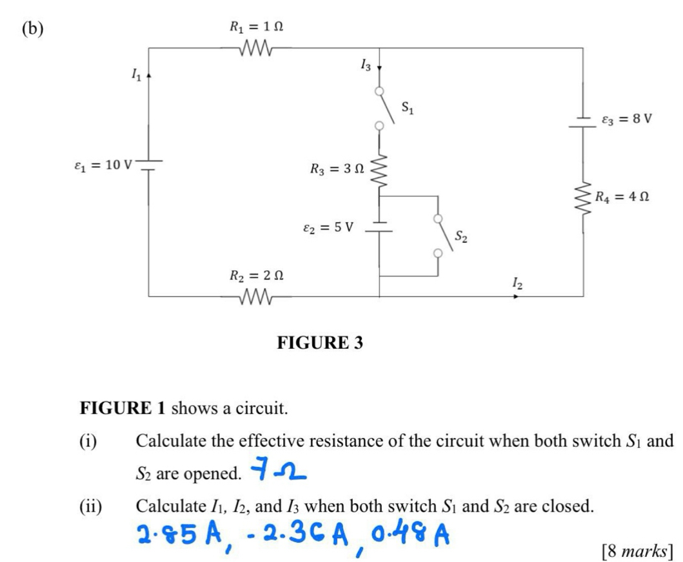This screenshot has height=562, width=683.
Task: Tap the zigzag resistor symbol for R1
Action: click(x=256, y=48)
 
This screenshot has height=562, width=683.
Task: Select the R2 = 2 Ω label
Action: click(x=256, y=276)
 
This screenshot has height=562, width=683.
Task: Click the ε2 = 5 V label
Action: click(x=328, y=227)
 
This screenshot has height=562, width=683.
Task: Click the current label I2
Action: click(x=517, y=282)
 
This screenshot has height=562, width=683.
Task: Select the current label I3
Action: click(x=366, y=63)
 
